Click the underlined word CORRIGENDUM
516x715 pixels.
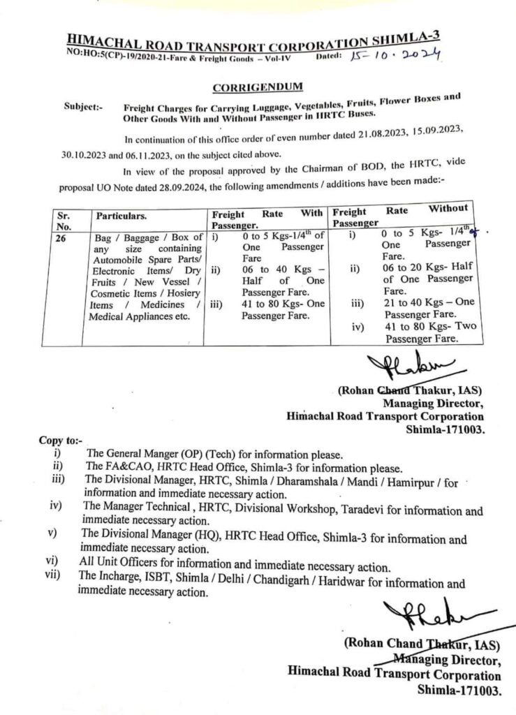pos(258,87)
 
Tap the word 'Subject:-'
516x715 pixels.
pos(83,108)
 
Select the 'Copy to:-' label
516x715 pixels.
pos(61,441)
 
